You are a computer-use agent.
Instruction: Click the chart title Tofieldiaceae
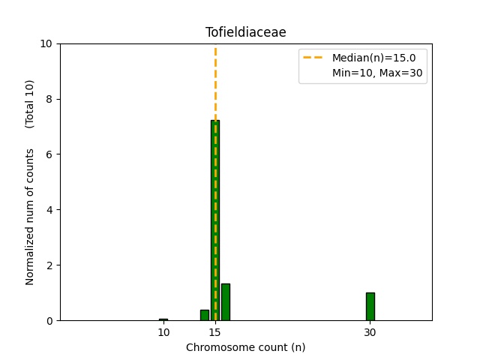coord(245,32)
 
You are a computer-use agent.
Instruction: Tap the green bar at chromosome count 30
coord(370,306)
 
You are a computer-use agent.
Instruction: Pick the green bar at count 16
coord(225,301)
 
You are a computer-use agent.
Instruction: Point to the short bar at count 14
coord(205,315)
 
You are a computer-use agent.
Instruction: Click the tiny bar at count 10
coord(163,319)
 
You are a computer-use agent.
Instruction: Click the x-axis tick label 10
coord(163,331)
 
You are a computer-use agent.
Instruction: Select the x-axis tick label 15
coord(215,331)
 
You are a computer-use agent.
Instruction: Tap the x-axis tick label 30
coord(370,331)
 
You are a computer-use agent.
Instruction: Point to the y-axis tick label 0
coord(50,320)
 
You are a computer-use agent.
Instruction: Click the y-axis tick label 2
coord(50,265)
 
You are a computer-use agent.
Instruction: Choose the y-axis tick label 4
coord(50,210)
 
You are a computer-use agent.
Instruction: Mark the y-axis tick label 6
coord(50,154)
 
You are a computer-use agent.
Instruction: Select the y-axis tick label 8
coord(50,99)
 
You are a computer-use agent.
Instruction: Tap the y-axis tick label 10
coord(47,43)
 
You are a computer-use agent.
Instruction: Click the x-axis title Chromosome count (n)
coord(245,347)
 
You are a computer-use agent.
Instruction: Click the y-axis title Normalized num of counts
coord(30,216)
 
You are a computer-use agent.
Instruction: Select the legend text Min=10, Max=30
coord(379,73)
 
